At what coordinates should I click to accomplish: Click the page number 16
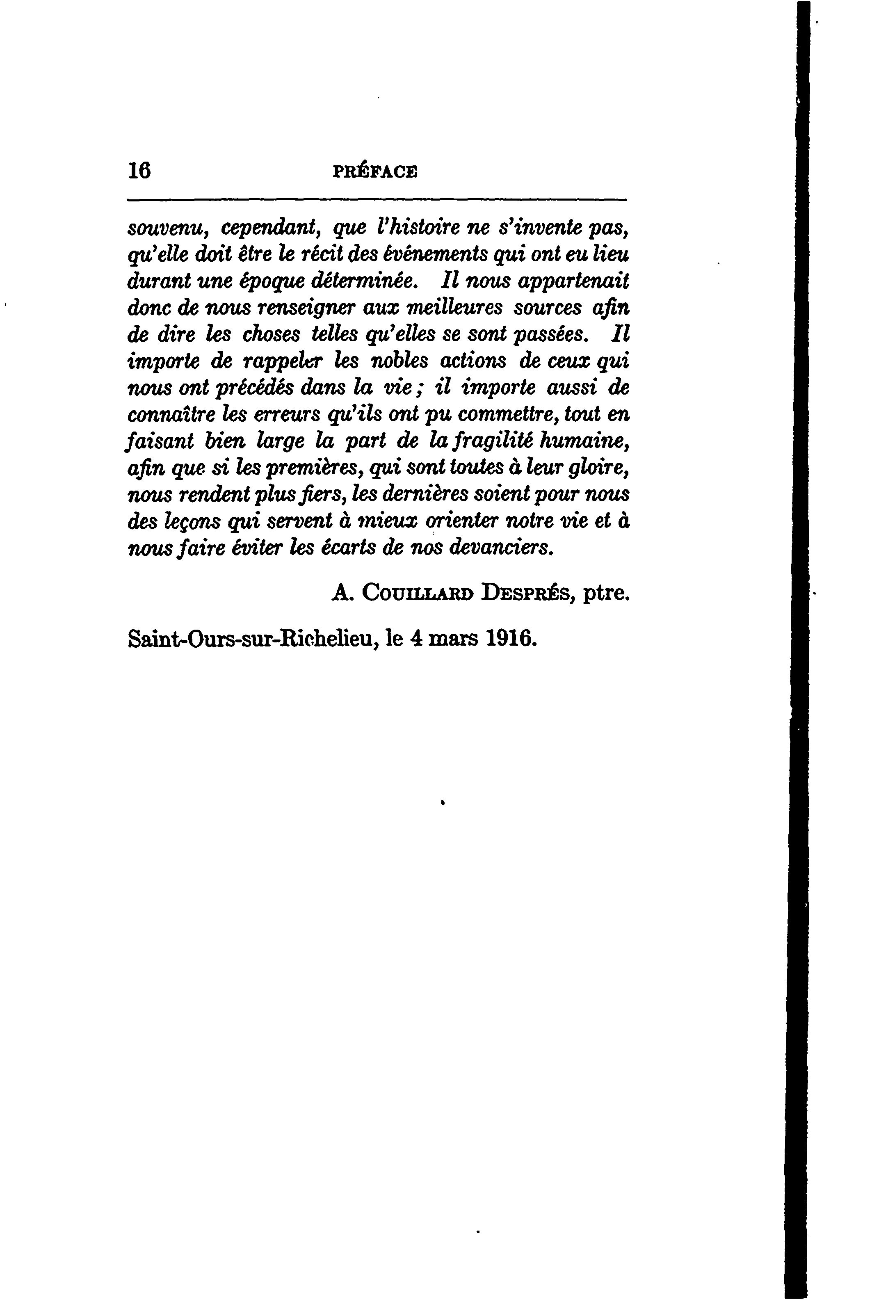pos(139,171)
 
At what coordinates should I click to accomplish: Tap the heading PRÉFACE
pos(375,171)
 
